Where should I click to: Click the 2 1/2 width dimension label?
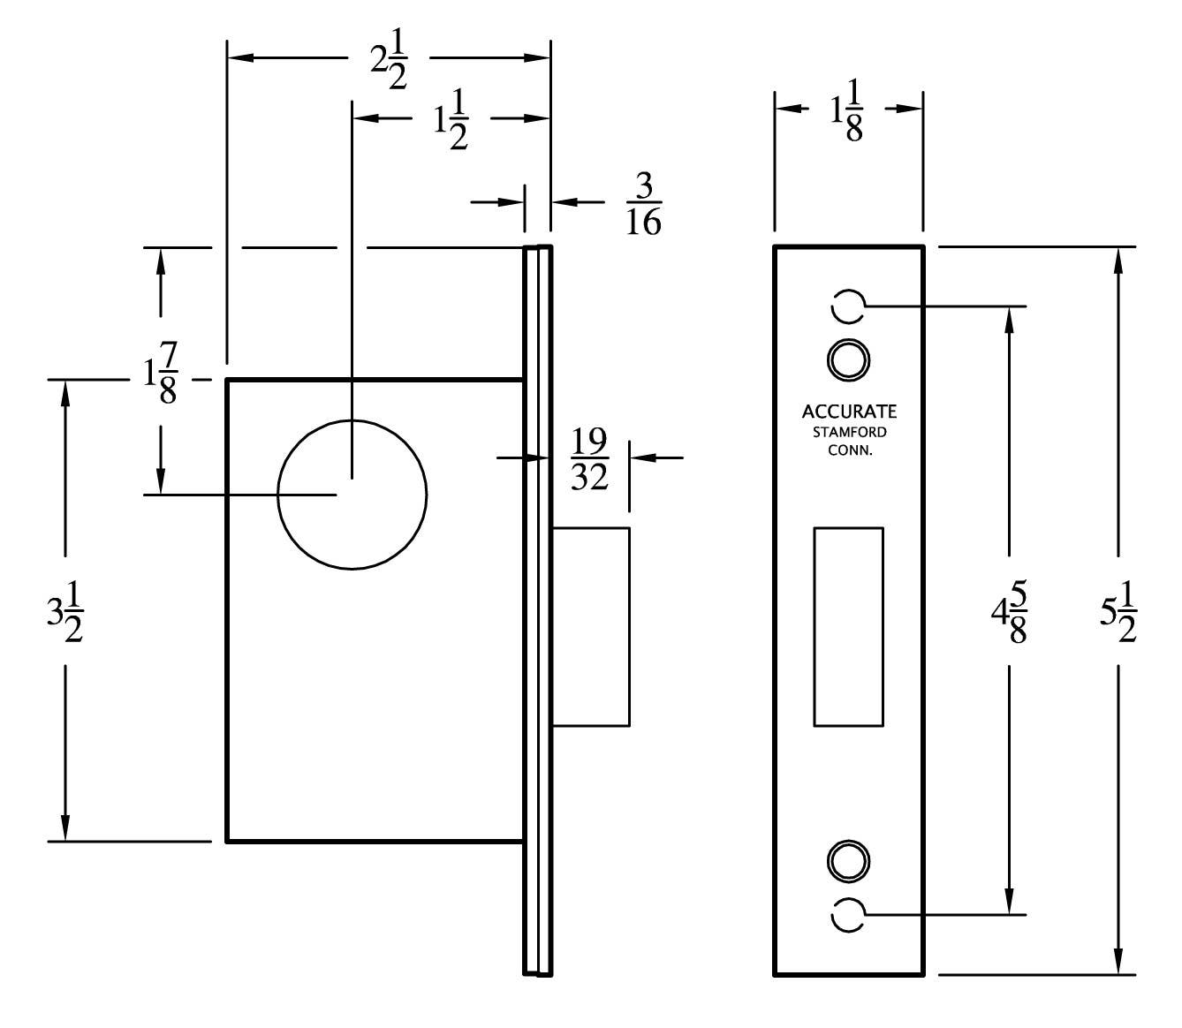388,60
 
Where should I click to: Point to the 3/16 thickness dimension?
643,204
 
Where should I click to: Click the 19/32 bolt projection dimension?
589,459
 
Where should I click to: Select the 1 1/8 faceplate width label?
845,110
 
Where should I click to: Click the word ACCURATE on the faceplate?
849,412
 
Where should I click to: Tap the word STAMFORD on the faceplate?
849,433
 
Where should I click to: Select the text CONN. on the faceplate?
849,450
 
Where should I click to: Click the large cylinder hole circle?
352,495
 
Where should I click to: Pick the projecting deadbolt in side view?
591,626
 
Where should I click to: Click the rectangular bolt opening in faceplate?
848,626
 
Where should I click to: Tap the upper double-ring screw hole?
848,359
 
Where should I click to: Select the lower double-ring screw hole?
848,859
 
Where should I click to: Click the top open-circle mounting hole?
847,306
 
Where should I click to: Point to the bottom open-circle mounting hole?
847,914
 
